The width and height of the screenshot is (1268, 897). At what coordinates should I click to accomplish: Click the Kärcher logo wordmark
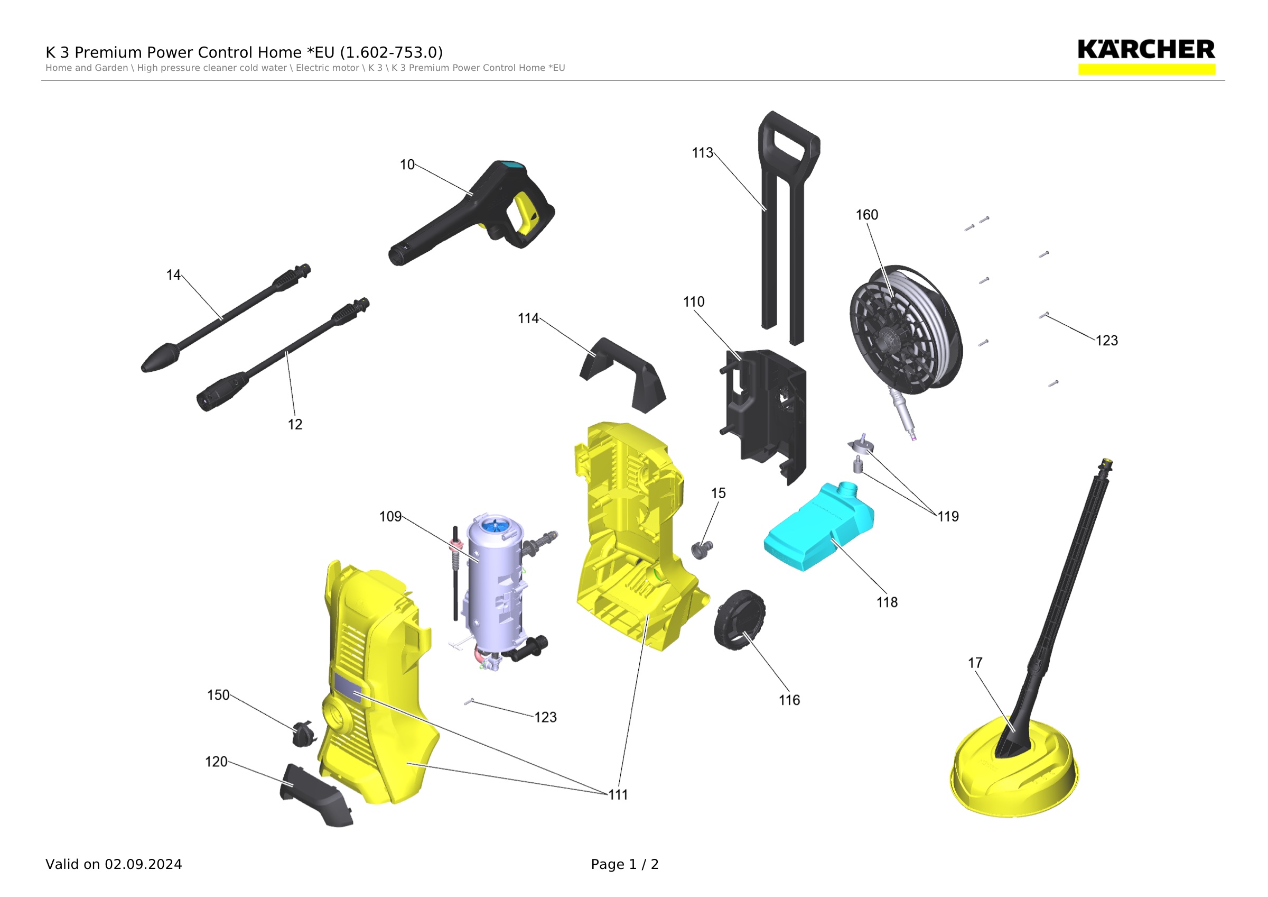click(1146, 50)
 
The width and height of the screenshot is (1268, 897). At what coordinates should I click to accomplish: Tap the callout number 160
click(866, 215)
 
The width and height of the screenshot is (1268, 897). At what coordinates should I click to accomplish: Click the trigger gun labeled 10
click(472, 213)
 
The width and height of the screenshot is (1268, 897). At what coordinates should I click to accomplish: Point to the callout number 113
click(703, 153)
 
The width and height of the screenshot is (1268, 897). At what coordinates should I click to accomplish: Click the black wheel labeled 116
click(740, 620)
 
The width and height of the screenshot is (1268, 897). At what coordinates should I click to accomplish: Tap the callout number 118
click(887, 602)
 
